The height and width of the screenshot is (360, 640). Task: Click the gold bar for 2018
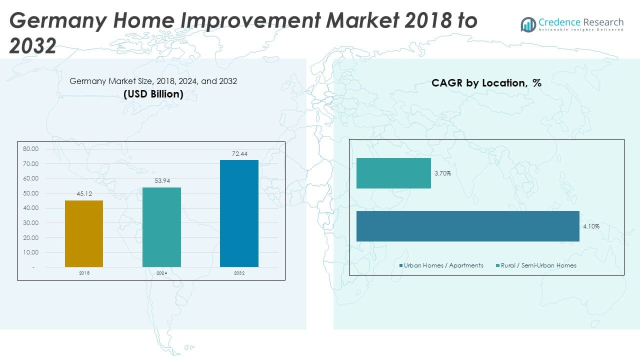pyautogui.click(x=84, y=233)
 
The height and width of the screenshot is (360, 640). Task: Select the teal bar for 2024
pyautogui.click(x=161, y=227)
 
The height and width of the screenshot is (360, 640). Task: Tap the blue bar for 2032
pyautogui.click(x=239, y=213)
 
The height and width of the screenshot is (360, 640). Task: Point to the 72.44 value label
pyautogui.click(x=239, y=154)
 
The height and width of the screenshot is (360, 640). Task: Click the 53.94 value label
pyautogui.click(x=162, y=181)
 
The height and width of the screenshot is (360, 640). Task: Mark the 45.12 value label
pyautogui.click(x=84, y=194)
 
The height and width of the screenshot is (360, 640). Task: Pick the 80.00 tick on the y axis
pyautogui.click(x=30, y=149)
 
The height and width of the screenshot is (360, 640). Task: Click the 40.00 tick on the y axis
pyautogui.click(x=30, y=208)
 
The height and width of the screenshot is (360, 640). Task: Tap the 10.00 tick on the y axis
pyautogui.click(x=30, y=252)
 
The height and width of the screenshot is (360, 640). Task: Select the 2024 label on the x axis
pyautogui.click(x=161, y=273)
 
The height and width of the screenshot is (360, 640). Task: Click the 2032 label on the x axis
pyautogui.click(x=239, y=273)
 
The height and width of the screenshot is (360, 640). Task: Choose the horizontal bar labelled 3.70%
pyautogui.click(x=393, y=173)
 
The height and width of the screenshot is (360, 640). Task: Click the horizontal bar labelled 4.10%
pyautogui.click(x=468, y=226)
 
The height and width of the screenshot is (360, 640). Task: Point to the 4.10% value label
pyautogui.click(x=591, y=226)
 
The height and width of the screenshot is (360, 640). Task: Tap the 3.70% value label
pyautogui.click(x=442, y=173)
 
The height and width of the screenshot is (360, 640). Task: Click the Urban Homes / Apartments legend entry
pyautogui.click(x=441, y=265)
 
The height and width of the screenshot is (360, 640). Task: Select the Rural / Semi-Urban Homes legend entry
pyautogui.click(x=536, y=265)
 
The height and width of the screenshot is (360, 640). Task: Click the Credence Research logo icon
pyautogui.click(x=528, y=24)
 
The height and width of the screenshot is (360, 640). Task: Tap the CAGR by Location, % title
pyautogui.click(x=486, y=83)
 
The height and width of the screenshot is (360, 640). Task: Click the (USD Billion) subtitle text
pyautogui.click(x=153, y=94)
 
